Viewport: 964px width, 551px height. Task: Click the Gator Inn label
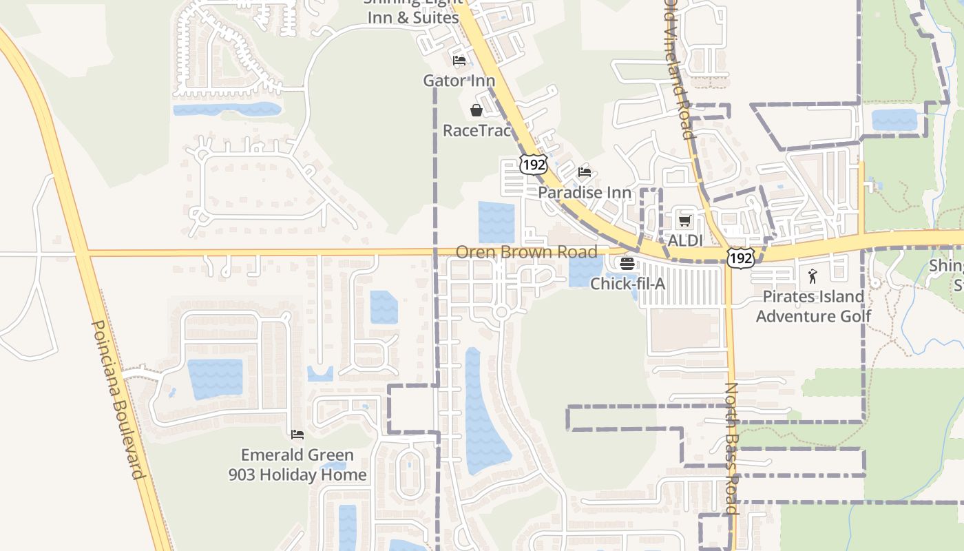coord(459,81)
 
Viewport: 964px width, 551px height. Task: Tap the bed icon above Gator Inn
coord(459,61)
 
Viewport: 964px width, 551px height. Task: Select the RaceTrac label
coord(476,130)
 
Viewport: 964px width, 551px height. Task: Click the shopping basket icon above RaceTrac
coord(476,110)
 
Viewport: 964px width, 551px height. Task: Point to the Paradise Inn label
coord(584,192)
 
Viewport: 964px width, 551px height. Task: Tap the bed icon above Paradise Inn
coord(585,172)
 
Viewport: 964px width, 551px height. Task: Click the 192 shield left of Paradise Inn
coord(534,164)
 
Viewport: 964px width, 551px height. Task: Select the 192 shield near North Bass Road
coord(741,258)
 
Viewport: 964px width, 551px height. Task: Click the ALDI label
coord(685,240)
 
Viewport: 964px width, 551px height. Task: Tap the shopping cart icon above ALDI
coord(684,221)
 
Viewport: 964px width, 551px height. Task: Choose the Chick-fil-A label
coord(627,282)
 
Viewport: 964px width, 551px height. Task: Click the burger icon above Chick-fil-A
coord(627,263)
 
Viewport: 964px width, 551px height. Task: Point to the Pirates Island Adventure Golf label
coord(813,306)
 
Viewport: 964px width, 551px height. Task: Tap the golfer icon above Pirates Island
coord(813,277)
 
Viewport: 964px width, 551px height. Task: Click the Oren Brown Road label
coord(527,252)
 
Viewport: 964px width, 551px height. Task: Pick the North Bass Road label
coord(731,448)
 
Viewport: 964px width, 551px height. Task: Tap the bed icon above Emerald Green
coord(297,435)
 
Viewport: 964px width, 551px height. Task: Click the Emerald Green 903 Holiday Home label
coord(297,465)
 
